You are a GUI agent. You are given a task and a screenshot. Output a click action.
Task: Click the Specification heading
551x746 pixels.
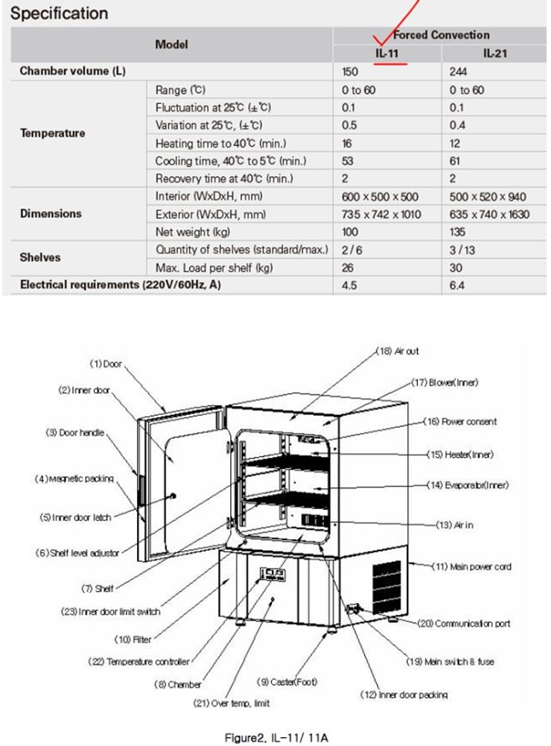(60, 13)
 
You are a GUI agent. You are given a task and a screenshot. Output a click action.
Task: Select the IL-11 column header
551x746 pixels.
(386, 54)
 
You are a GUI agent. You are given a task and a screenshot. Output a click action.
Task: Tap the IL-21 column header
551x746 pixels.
(495, 54)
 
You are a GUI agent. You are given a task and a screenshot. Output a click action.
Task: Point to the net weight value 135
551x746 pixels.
(456, 233)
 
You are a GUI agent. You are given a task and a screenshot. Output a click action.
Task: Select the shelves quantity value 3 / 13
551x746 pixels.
(462, 250)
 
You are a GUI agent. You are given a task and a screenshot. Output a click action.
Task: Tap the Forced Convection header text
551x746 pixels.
(441, 35)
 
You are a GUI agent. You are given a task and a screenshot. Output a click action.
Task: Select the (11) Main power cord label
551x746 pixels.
(480, 567)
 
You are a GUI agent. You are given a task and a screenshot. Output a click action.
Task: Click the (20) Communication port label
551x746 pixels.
(473, 623)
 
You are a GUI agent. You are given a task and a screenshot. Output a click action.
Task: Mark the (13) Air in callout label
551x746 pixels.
(462, 525)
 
